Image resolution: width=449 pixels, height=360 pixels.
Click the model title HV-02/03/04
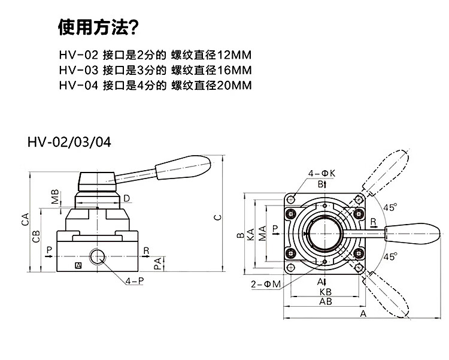69,143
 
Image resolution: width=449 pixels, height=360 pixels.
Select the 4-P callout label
135,280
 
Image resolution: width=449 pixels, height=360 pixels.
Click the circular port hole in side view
98,258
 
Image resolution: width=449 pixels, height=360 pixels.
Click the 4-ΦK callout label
321,174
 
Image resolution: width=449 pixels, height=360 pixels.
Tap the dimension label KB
326,292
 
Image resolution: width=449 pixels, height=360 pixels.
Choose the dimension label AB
326,302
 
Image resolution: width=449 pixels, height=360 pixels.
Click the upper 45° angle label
390,207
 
